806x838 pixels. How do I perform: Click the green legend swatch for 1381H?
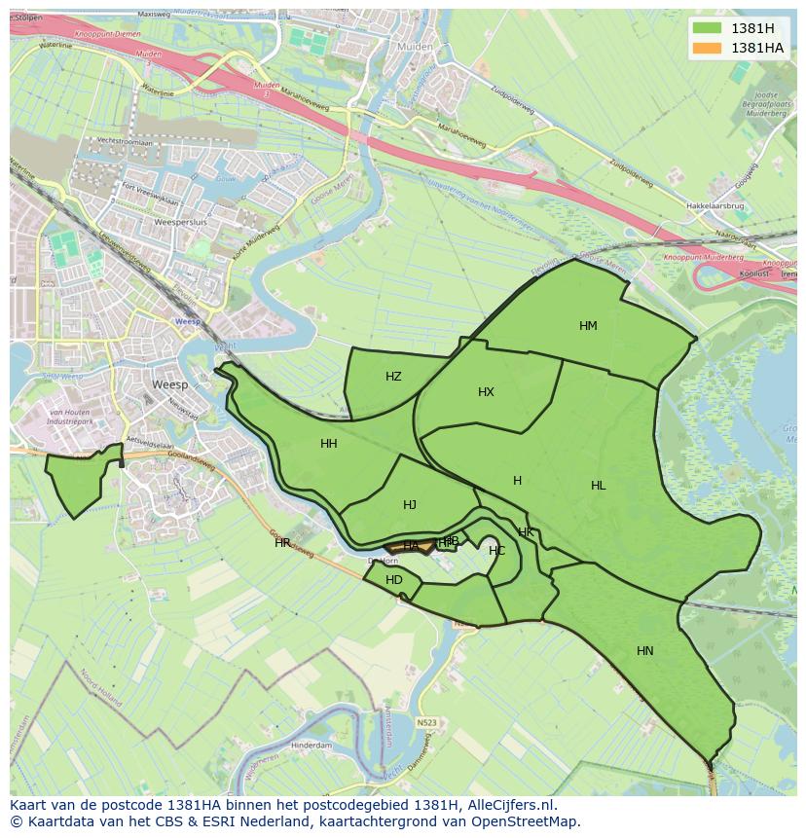pyautogui.click(x=707, y=28)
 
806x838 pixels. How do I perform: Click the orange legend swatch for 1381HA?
pyautogui.click(x=707, y=48)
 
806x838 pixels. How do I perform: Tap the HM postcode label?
pyautogui.click(x=588, y=326)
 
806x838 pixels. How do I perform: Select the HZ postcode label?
pyautogui.click(x=393, y=377)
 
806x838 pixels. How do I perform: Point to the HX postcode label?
pyautogui.click(x=486, y=392)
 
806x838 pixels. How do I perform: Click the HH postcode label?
pyautogui.click(x=329, y=444)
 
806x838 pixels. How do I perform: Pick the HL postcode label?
pyautogui.click(x=598, y=486)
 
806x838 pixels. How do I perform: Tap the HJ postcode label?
pyautogui.click(x=410, y=505)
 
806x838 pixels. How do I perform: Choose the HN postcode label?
pyautogui.click(x=644, y=651)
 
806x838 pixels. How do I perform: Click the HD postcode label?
pyautogui.click(x=393, y=580)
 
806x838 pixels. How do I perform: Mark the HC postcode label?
pyautogui.click(x=496, y=551)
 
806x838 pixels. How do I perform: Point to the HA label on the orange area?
pyautogui.click(x=411, y=546)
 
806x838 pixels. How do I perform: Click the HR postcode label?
pyautogui.click(x=282, y=543)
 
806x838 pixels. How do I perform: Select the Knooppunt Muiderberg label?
pyautogui.click(x=703, y=258)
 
